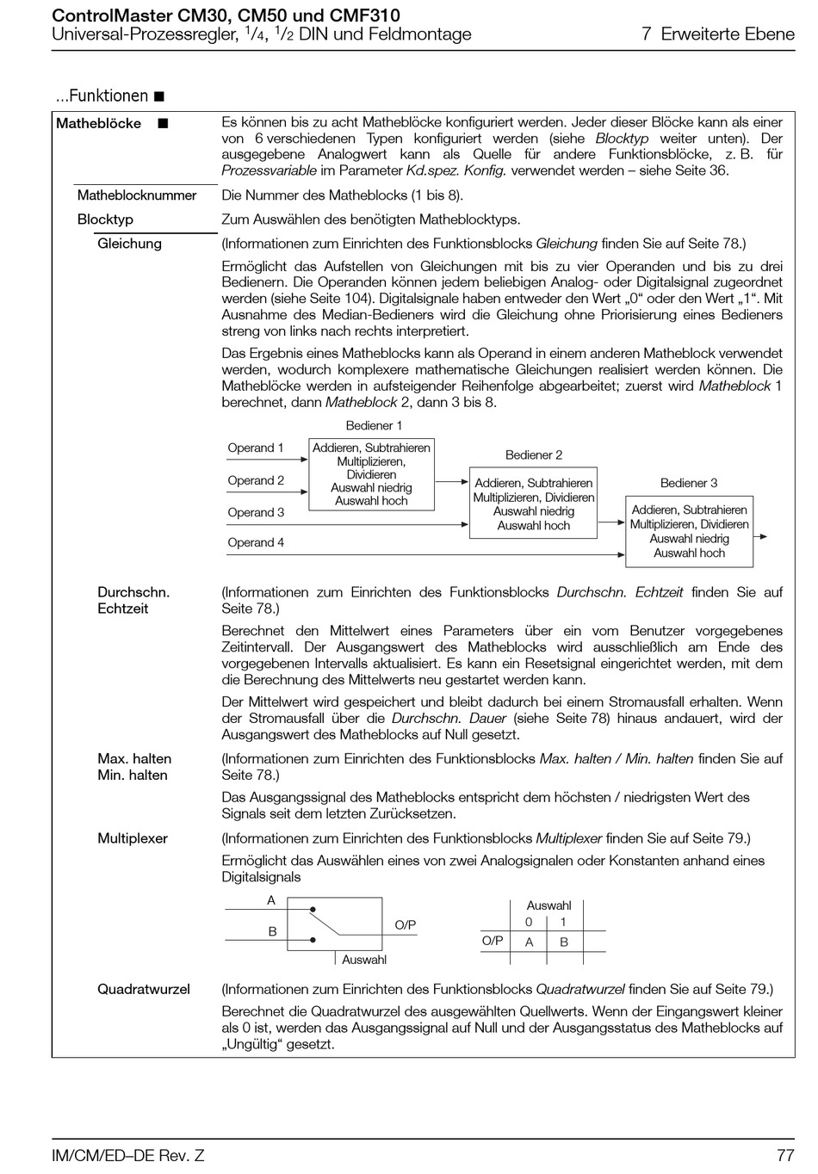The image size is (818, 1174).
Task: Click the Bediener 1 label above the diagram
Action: [374, 425]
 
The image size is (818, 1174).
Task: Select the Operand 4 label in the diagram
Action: [256, 542]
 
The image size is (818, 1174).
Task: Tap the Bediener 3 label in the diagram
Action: [689, 483]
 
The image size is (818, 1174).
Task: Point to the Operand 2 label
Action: [256, 480]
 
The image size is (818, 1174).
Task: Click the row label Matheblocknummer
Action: [137, 195]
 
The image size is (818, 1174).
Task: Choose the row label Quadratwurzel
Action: [144, 989]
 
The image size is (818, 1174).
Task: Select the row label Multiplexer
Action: [133, 838]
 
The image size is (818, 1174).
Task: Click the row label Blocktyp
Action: [105, 219]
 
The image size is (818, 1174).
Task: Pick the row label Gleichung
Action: [129, 244]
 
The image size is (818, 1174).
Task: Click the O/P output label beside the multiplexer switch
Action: [406, 925]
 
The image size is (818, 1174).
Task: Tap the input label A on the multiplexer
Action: [271, 900]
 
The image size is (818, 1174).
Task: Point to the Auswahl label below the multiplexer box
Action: [364, 960]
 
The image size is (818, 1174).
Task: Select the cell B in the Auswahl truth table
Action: [564, 942]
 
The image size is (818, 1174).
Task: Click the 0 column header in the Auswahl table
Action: [529, 922]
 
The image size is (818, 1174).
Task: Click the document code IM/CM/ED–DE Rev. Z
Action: [128, 1155]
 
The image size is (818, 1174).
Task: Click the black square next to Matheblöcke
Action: [163, 124]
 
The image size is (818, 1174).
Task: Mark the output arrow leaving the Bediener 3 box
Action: [761, 537]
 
